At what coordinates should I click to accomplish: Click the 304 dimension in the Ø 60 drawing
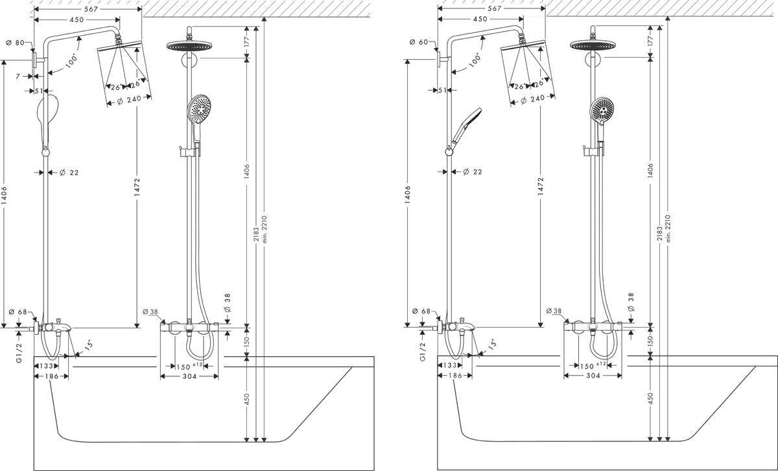tap(594, 376)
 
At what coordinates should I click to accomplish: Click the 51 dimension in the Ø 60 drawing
tap(443, 90)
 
